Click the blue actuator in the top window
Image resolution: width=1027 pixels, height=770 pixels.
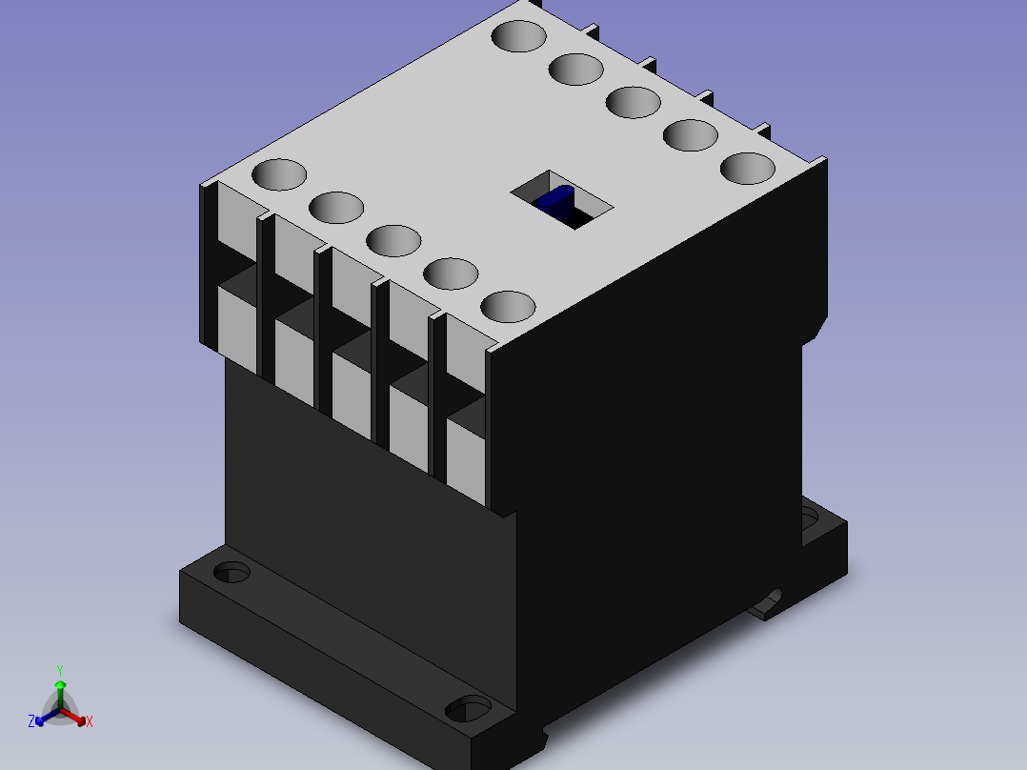point(555,198)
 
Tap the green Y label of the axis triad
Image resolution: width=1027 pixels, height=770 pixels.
point(60,671)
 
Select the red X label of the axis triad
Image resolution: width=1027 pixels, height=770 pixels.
point(90,721)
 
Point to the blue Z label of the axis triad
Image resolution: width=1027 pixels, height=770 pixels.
point(31,721)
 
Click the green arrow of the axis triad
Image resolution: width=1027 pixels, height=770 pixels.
point(60,695)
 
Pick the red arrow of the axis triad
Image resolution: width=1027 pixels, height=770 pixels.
point(72,716)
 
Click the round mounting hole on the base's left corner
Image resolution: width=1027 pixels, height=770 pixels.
point(232,572)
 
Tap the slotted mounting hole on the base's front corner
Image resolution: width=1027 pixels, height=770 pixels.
point(469,708)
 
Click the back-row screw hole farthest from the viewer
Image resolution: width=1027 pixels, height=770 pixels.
point(518,36)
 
